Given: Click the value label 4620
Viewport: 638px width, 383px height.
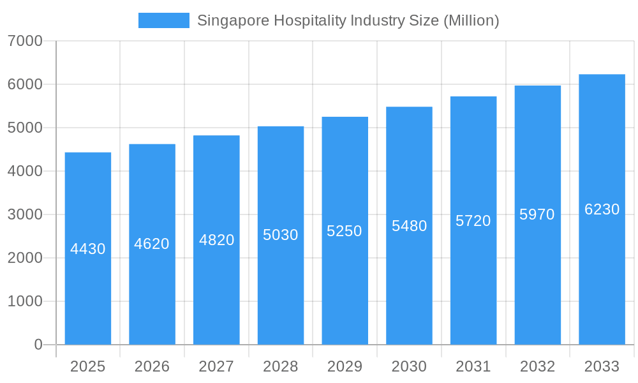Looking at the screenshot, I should tap(152, 244).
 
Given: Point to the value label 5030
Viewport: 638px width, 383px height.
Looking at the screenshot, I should tap(281, 235).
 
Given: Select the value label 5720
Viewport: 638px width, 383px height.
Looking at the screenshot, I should tap(473, 221).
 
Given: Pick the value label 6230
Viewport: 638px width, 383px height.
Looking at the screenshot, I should tap(602, 209).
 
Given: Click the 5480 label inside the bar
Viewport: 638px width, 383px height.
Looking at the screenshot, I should tap(409, 226).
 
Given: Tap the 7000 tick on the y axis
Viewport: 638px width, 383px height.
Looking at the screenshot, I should tap(25, 41).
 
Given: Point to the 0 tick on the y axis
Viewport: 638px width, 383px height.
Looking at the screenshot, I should tap(38, 345).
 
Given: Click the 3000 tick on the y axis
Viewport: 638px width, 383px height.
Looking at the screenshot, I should tap(25, 214).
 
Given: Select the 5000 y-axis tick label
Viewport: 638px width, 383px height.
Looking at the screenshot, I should tap(25, 128).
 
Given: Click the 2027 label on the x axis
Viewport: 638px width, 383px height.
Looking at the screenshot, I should tap(216, 367).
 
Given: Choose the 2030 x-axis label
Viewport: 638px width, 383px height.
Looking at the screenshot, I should tap(409, 367).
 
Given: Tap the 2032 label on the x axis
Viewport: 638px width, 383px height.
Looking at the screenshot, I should tap(537, 367).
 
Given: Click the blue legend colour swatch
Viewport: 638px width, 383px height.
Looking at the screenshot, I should tap(164, 20).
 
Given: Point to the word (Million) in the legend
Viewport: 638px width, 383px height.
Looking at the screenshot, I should tap(471, 20).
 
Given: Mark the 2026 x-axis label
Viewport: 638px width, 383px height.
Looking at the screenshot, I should tap(152, 367).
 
